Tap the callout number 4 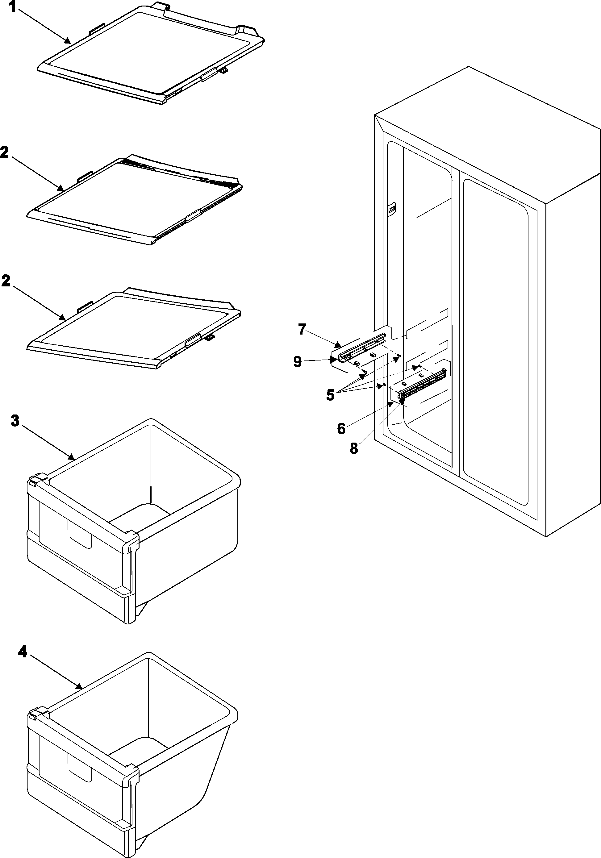(23, 652)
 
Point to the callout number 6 (341, 429)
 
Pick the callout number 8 (353, 448)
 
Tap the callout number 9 (298, 362)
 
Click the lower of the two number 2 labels (6, 281)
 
